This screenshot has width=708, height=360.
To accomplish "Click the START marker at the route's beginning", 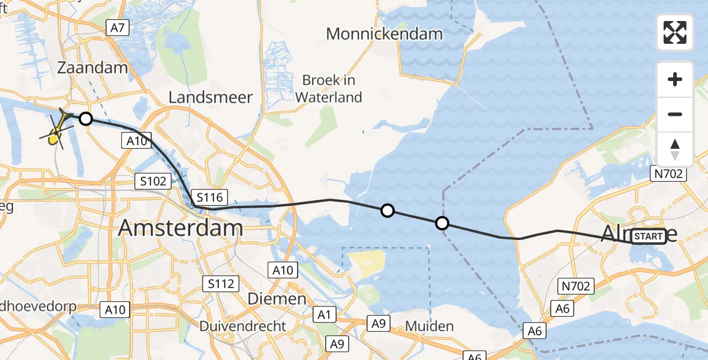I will click(x=648, y=237).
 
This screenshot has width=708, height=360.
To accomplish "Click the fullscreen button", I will click(x=675, y=32).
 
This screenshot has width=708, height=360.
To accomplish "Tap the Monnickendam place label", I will click(x=384, y=34).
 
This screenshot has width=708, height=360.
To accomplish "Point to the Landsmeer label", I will click(x=211, y=97).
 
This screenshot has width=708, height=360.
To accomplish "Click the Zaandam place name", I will click(x=92, y=67).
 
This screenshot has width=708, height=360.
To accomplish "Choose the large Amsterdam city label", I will click(x=180, y=228).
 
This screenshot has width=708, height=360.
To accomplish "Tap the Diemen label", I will click(x=277, y=298).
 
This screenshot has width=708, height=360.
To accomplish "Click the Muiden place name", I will click(x=429, y=326).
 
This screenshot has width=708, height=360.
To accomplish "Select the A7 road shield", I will click(x=118, y=27).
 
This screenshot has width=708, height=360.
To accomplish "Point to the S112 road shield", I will click(x=221, y=283).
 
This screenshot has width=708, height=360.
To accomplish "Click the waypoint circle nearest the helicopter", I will click(x=86, y=119).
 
